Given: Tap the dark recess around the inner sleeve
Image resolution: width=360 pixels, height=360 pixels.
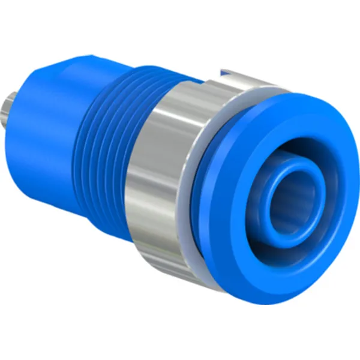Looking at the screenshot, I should pyautogui.click(x=252, y=198).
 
